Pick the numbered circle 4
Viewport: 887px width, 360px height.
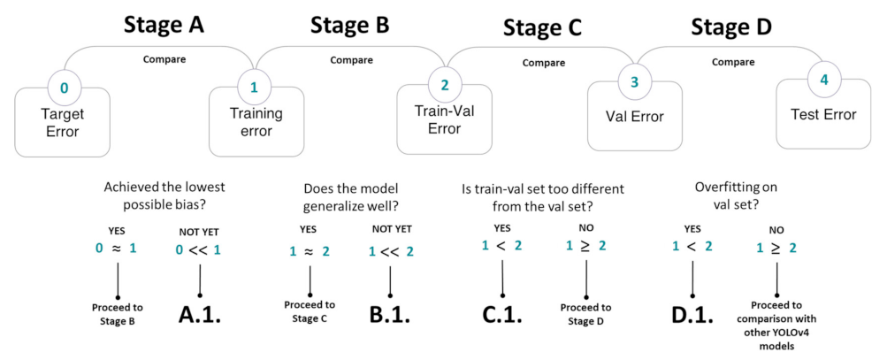pyautogui.click(x=824, y=80)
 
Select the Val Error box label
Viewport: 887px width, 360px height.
pyautogui.click(x=634, y=116)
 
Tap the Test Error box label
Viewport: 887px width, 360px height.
pyautogui.click(x=823, y=114)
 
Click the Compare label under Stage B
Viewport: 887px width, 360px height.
pyautogui.click(x=351, y=60)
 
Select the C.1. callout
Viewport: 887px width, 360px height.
pyautogui.click(x=502, y=316)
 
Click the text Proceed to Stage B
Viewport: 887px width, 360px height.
pyautogui.click(x=117, y=314)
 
